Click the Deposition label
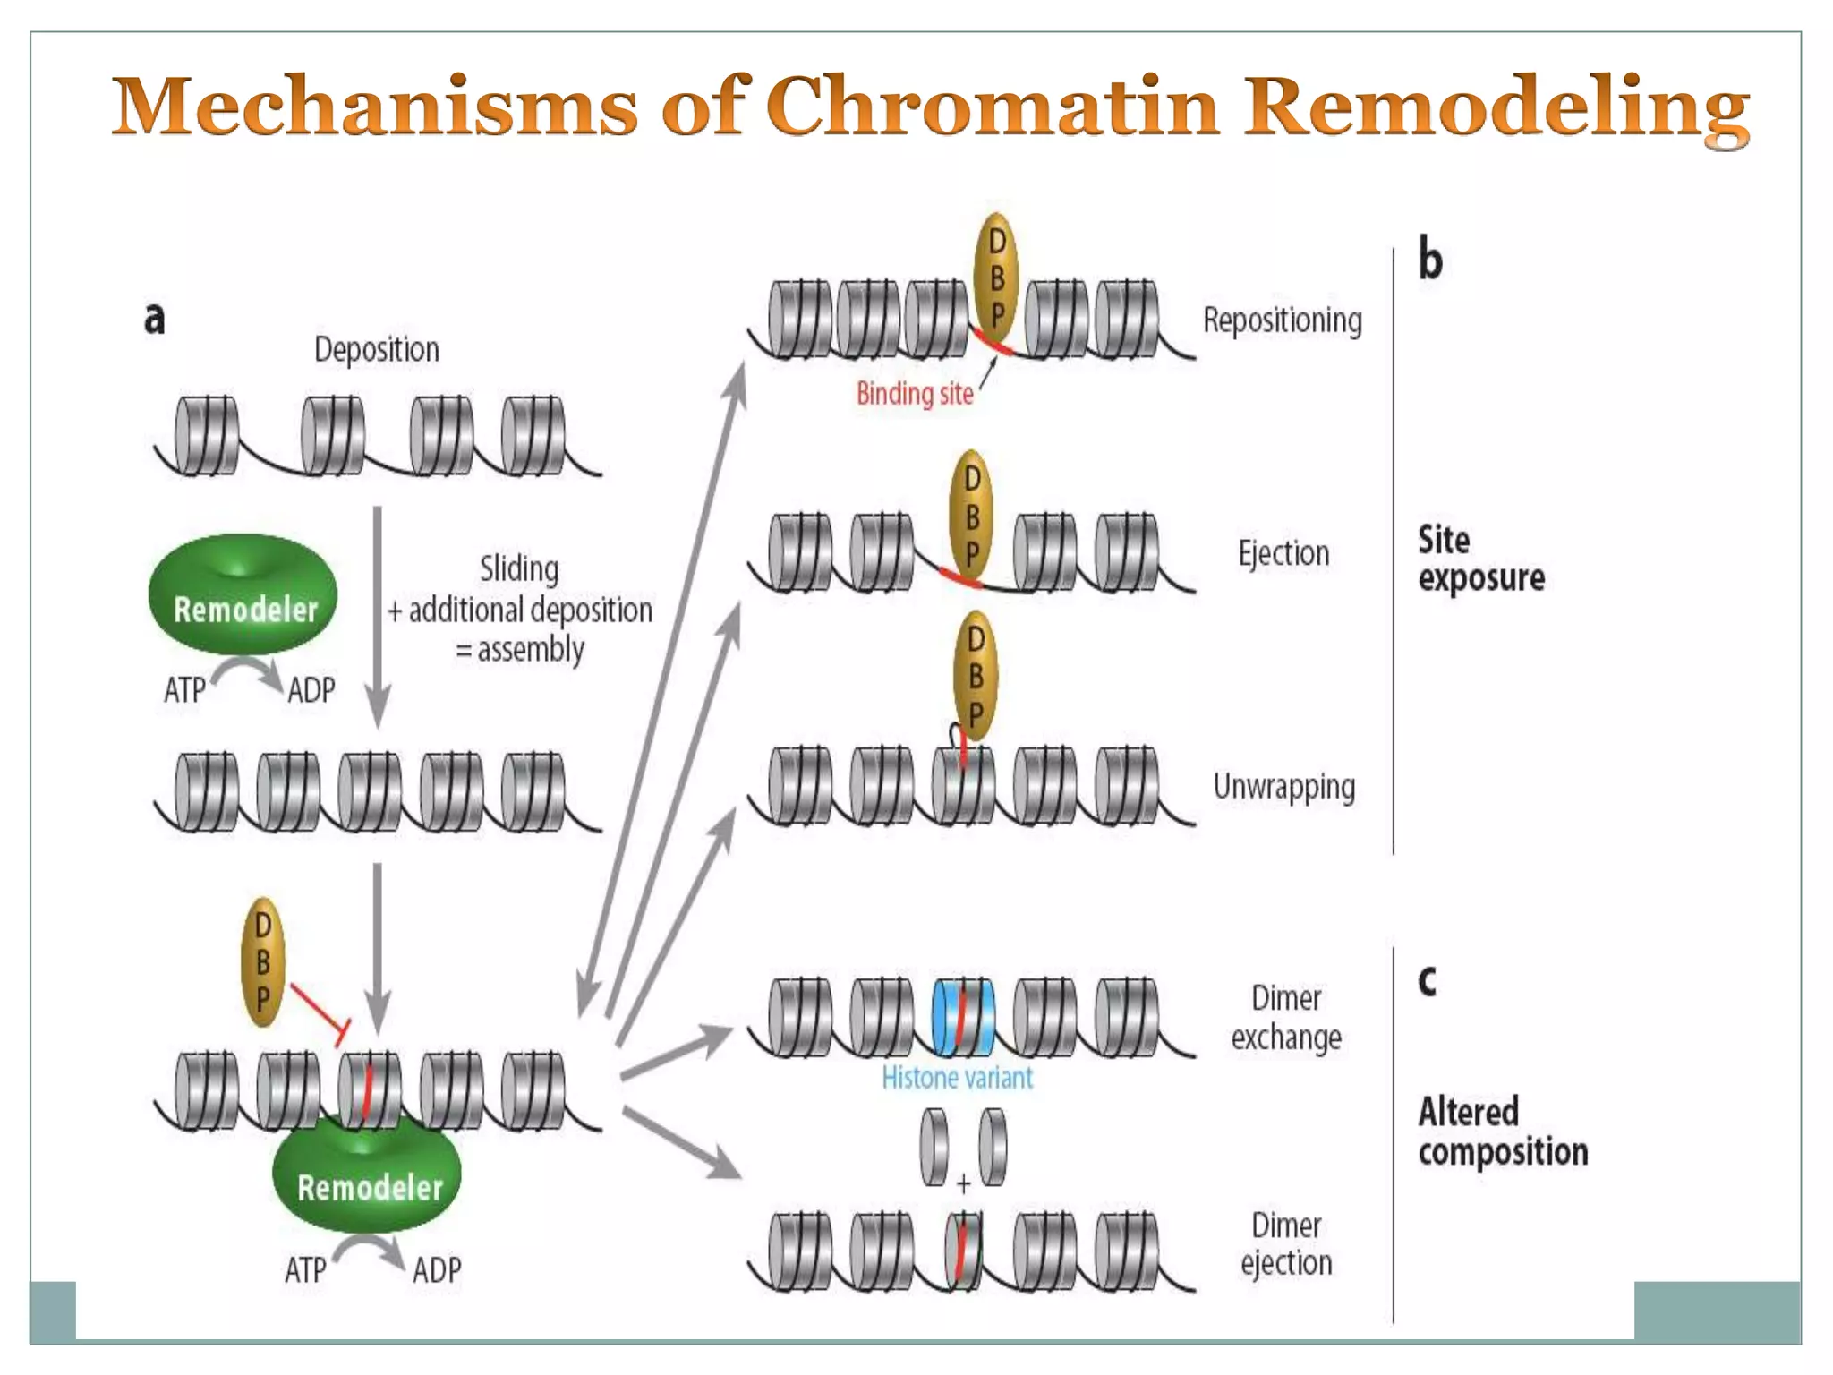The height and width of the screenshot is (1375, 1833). (376, 349)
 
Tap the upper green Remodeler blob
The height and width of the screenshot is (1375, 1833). (243, 595)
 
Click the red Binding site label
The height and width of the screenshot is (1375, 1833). (914, 394)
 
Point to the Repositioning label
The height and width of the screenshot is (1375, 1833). (1282, 320)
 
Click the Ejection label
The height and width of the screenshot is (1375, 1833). (1283, 553)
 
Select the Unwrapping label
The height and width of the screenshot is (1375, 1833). (1283, 787)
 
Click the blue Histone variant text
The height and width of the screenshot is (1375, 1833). (957, 1077)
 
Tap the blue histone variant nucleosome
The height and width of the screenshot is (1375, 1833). (963, 1017)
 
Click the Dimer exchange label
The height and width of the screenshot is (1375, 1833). (1286, 1018)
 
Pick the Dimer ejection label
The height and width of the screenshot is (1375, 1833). (1286, 1244)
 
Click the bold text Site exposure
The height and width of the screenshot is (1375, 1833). (1479, 559)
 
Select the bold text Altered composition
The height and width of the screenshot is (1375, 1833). (1502, 1132)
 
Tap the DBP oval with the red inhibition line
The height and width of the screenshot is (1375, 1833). (263, 962)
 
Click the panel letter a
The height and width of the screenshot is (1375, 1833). (154, 317)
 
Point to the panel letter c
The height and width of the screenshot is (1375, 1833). (1428, 980)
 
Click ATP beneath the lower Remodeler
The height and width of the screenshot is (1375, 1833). (305, 1269)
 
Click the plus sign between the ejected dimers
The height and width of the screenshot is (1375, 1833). (963, 1184)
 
